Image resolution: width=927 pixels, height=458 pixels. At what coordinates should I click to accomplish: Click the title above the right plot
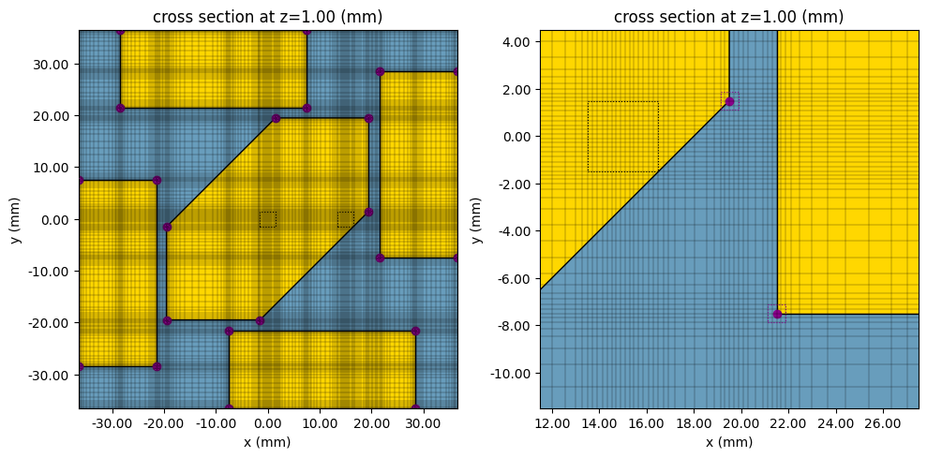click(728, 17)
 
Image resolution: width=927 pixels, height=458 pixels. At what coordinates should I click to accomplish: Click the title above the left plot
click(268, 17)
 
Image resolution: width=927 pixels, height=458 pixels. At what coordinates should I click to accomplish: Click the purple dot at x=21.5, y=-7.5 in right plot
click(777, 314)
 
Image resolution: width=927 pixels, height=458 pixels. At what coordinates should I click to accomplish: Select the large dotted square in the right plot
click(622, 137)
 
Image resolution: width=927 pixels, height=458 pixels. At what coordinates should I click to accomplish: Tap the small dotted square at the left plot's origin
click(268, 219)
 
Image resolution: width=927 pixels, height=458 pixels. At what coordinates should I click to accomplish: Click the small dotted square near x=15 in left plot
click(346, 219)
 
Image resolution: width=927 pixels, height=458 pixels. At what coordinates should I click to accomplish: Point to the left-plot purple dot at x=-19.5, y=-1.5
click(167, 227)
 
